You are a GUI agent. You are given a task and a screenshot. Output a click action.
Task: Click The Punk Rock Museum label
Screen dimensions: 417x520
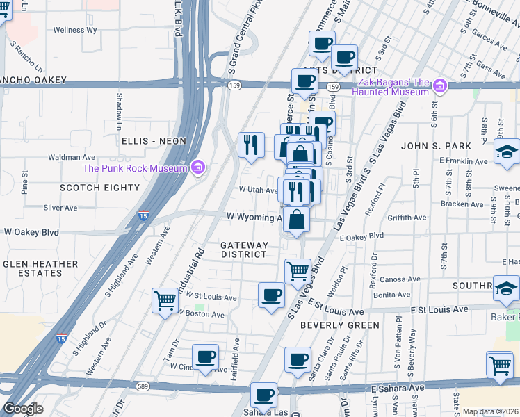coord(135,167)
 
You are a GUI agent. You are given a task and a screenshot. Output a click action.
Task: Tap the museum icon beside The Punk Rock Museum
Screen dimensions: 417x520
coord(198,167)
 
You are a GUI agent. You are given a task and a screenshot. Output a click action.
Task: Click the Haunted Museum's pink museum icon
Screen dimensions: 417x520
coord(439,87)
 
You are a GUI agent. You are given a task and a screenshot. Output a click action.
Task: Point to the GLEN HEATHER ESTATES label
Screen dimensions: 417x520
coord(40,268)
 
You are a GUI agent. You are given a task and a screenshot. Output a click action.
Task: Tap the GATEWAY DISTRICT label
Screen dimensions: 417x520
coord(244,250)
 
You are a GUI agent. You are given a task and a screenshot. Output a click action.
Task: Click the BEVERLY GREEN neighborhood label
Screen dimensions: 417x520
coord(340,325)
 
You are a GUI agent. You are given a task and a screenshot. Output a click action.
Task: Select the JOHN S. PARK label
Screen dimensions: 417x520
coord(436,146)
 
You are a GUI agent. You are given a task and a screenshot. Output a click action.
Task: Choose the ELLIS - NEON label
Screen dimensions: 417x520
coord(154,141)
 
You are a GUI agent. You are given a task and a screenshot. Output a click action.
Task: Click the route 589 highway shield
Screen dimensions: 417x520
coord(143,386)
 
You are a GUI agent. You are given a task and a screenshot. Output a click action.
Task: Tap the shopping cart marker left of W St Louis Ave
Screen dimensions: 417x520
coord(165,301)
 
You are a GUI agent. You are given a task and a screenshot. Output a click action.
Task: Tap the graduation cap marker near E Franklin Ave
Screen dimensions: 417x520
coord(507,152)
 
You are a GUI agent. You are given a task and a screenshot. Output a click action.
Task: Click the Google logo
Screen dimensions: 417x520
coord(23,409)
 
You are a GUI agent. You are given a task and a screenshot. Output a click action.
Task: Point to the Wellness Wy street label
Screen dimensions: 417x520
coord(75,30)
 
